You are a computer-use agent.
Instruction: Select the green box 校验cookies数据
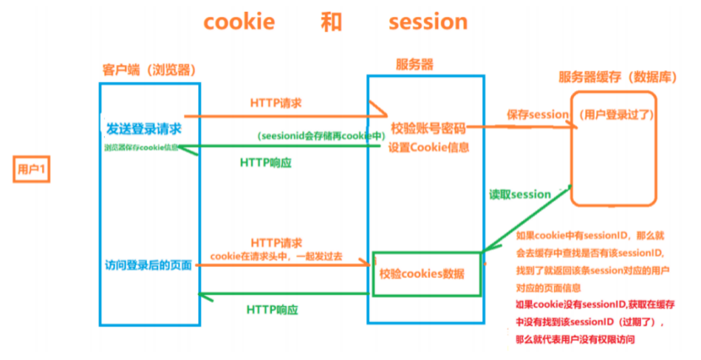coord(427,273)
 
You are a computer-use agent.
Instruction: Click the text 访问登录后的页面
coord(144,266)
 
